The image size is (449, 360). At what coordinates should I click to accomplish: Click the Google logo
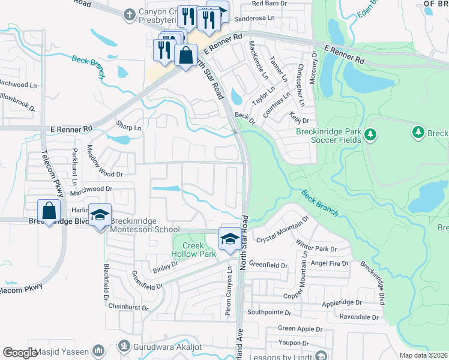(20, 353)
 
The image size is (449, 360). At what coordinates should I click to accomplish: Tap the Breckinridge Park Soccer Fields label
(328, 136)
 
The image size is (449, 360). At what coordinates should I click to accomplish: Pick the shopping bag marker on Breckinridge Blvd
(49, 211)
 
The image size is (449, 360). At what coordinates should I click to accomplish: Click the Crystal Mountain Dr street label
(282, 229)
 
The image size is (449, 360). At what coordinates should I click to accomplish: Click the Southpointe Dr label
(269, 313)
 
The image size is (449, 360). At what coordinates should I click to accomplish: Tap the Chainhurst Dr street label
(128, 306)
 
